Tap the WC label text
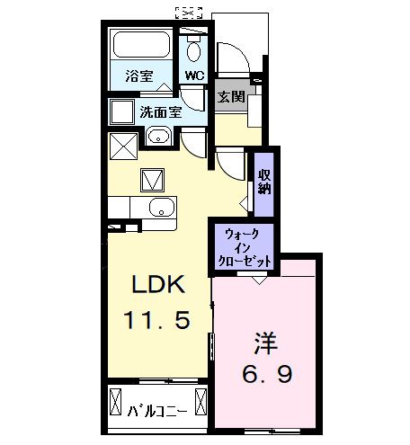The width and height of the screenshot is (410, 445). [x=193, y=75]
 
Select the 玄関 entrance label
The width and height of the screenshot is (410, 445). [x=230, y=96]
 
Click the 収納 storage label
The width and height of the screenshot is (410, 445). [x=264, y=181]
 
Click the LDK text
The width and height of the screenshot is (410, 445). [x=158, y=287]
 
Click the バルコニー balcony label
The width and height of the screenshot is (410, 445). [x=157, y=413]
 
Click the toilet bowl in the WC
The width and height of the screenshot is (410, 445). [x=192, y=49]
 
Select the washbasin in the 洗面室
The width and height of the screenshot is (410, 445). [x=158, y=138]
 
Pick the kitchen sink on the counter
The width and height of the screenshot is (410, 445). [x=158, y=208]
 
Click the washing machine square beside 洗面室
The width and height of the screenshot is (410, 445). [x=121, y=112]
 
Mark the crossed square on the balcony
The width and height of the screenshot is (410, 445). [x=116, y=400]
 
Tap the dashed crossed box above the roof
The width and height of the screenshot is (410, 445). [x=188, y=13]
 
